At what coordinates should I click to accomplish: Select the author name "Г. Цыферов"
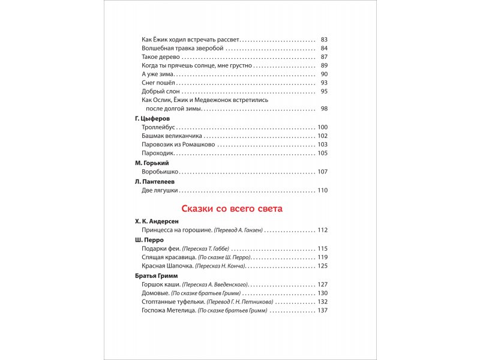point(153,119)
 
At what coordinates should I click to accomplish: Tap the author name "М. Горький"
point(152,163)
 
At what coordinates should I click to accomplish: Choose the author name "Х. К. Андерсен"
point(157,221)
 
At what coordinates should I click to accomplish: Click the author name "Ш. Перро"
point(150,239)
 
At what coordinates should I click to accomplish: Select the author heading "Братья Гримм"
point(157,275)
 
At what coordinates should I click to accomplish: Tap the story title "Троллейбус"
point(159,127)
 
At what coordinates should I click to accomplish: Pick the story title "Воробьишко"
point(160,172)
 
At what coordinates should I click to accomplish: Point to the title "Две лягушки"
point(160,190)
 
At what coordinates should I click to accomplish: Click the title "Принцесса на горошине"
point(176,230)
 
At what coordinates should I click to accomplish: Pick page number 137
point(323,311)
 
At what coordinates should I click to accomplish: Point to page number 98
point(324,109)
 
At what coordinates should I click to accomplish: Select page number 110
point(323,190)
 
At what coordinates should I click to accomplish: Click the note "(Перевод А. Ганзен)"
point(238,230)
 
